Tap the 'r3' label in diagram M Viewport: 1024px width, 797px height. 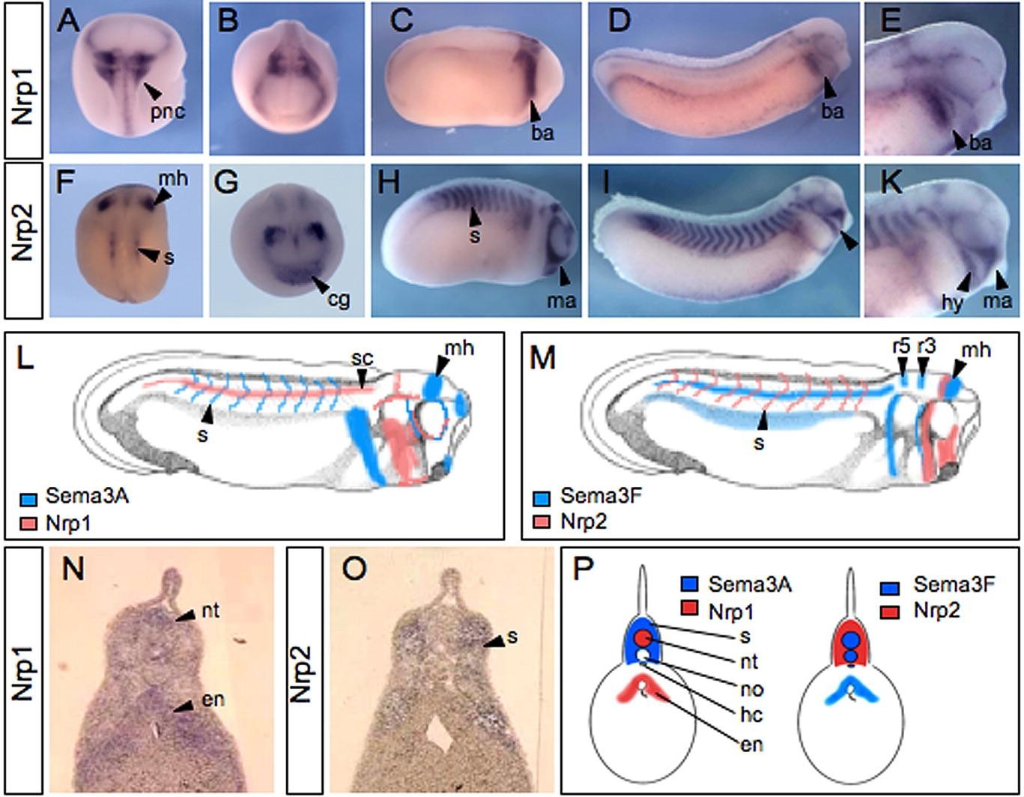pos(926,347)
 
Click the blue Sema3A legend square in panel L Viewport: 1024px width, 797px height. pos(27,497)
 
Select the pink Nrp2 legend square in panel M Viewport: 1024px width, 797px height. pos(542,521)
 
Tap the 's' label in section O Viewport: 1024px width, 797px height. pos(513,636)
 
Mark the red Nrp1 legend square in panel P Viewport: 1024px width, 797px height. pos(691,610)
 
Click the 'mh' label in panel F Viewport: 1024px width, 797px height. pos(174,178)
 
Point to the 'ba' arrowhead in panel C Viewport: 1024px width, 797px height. pos(535,111)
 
